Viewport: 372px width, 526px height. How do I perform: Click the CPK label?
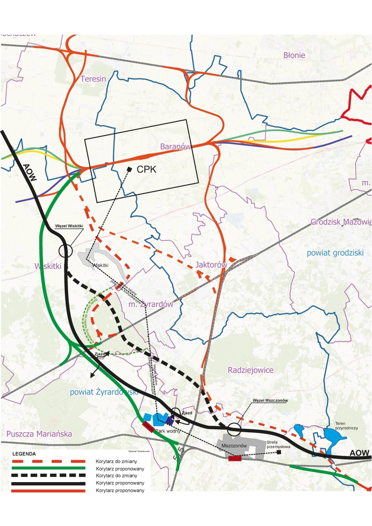point(147,169)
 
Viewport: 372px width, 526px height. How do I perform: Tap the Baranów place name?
point(176,147)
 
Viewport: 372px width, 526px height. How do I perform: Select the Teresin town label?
point(93,79)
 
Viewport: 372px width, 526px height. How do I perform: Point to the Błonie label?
point(294,55)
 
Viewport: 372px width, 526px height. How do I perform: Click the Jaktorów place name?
point(211,265)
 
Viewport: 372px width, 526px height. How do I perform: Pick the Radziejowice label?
point(250,370)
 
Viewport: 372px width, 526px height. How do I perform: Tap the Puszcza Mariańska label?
point(39,434)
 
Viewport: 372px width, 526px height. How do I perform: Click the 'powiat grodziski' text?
point(335,253)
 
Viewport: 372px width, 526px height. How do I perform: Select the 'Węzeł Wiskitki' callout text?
point(69,226)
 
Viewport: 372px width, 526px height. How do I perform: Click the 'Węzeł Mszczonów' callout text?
point(270,400)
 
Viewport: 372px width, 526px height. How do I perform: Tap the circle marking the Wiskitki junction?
point(65,250)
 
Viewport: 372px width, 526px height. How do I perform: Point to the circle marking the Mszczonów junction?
point(234,429)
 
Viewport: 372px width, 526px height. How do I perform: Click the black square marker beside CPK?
point(129,169)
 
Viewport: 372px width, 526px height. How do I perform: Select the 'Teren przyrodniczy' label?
point(346,426)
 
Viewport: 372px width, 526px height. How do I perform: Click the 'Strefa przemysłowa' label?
point(277,445)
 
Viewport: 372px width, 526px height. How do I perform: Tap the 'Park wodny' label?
point(168,431)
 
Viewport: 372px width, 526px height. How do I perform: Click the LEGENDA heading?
point(24,454)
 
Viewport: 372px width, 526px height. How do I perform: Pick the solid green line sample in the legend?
point(48,468)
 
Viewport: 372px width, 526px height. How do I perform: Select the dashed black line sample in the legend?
point(48,475)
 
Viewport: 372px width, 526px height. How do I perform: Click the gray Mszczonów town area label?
point(234,446)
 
